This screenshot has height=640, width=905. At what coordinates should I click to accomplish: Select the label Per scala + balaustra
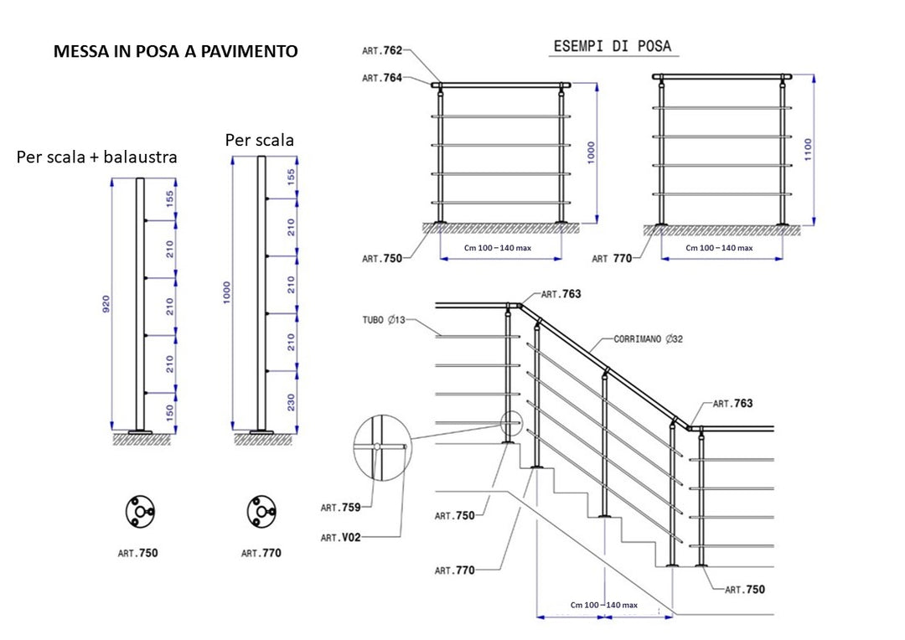coord(97,157)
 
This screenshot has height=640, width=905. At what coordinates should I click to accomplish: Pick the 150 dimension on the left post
coord(169,413)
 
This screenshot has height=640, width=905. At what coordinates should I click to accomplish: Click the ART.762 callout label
coord(382,51)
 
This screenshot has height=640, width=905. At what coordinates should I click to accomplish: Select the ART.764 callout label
coord(382,78)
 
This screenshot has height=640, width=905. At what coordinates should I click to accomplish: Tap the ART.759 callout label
coord(340,508)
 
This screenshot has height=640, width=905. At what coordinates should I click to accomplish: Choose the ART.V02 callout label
coord(340,538)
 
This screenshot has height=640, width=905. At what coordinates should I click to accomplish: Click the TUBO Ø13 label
coord(384,320)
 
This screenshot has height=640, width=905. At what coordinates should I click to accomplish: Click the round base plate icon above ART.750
coord(139,510)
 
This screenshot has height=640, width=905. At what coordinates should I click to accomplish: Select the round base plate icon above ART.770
coord(261,510)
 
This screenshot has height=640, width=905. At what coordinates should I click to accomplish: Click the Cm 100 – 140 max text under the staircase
coord(603,605)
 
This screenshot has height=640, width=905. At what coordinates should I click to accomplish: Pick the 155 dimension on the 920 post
coord(169,200)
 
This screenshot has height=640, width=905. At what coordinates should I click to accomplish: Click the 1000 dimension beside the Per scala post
coord(228,293)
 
